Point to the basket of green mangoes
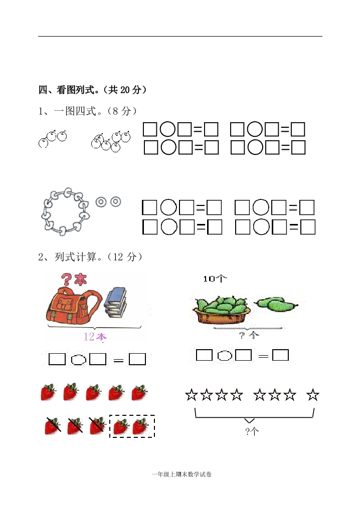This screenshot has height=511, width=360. tap(222, 310)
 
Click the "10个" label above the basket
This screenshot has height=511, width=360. tap(215, 279)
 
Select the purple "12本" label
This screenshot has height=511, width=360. tap(95, 336)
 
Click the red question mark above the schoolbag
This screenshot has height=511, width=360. tap(67, 279)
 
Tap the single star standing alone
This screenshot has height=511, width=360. tap(313, 395)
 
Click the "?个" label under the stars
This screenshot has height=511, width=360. tap(252, 431)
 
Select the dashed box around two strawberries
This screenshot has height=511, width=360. tap(132, 426)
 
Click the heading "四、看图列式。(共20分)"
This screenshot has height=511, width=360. tap(93, 90)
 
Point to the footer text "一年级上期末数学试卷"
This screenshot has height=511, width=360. tap(182, 474)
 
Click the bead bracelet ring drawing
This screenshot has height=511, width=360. tap(66, 211)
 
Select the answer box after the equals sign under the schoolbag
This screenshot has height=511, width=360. tap(137, 359)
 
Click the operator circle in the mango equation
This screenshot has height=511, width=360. tap(224, 355)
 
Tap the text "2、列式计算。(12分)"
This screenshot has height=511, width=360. tap(90, 257)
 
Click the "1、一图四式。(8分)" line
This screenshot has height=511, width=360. tap(87, 111)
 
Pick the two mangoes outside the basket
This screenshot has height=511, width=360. tap(276, 304)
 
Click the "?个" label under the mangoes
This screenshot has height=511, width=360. tap(249, 335)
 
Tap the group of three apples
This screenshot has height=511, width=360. tap(53, 138)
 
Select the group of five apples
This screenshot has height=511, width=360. tap(111, 141)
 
